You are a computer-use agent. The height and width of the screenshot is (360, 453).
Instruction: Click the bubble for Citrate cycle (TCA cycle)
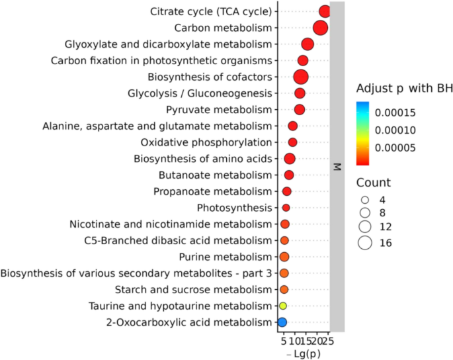(x=324, y=11)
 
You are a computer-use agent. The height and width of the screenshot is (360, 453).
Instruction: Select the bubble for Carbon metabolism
(x=320, y=28)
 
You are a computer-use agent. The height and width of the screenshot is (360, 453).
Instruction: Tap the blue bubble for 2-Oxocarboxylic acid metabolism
(x=282, y=322)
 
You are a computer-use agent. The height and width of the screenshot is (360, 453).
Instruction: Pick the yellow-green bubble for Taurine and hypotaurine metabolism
(x=282, y=306)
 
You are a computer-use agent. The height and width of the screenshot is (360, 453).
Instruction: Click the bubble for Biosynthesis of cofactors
(x=300, y=77)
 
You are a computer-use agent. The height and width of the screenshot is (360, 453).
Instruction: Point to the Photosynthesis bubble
(x=286, y=208)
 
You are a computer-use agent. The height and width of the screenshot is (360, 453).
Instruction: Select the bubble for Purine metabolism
(x=284, y=257)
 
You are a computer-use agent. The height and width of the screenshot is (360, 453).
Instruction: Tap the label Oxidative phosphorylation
(x=206, y=142)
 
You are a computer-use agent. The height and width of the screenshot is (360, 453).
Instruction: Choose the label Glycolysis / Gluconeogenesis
(x=199, y=93)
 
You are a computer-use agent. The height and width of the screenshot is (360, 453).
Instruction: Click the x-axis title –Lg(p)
(x=304, y=354)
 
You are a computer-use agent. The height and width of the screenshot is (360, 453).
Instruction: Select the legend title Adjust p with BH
(x=403, y=88)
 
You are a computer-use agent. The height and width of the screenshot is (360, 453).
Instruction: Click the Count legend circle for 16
(x=364, y=243)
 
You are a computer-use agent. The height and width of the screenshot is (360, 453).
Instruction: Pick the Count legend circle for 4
(x=364, y=199)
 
